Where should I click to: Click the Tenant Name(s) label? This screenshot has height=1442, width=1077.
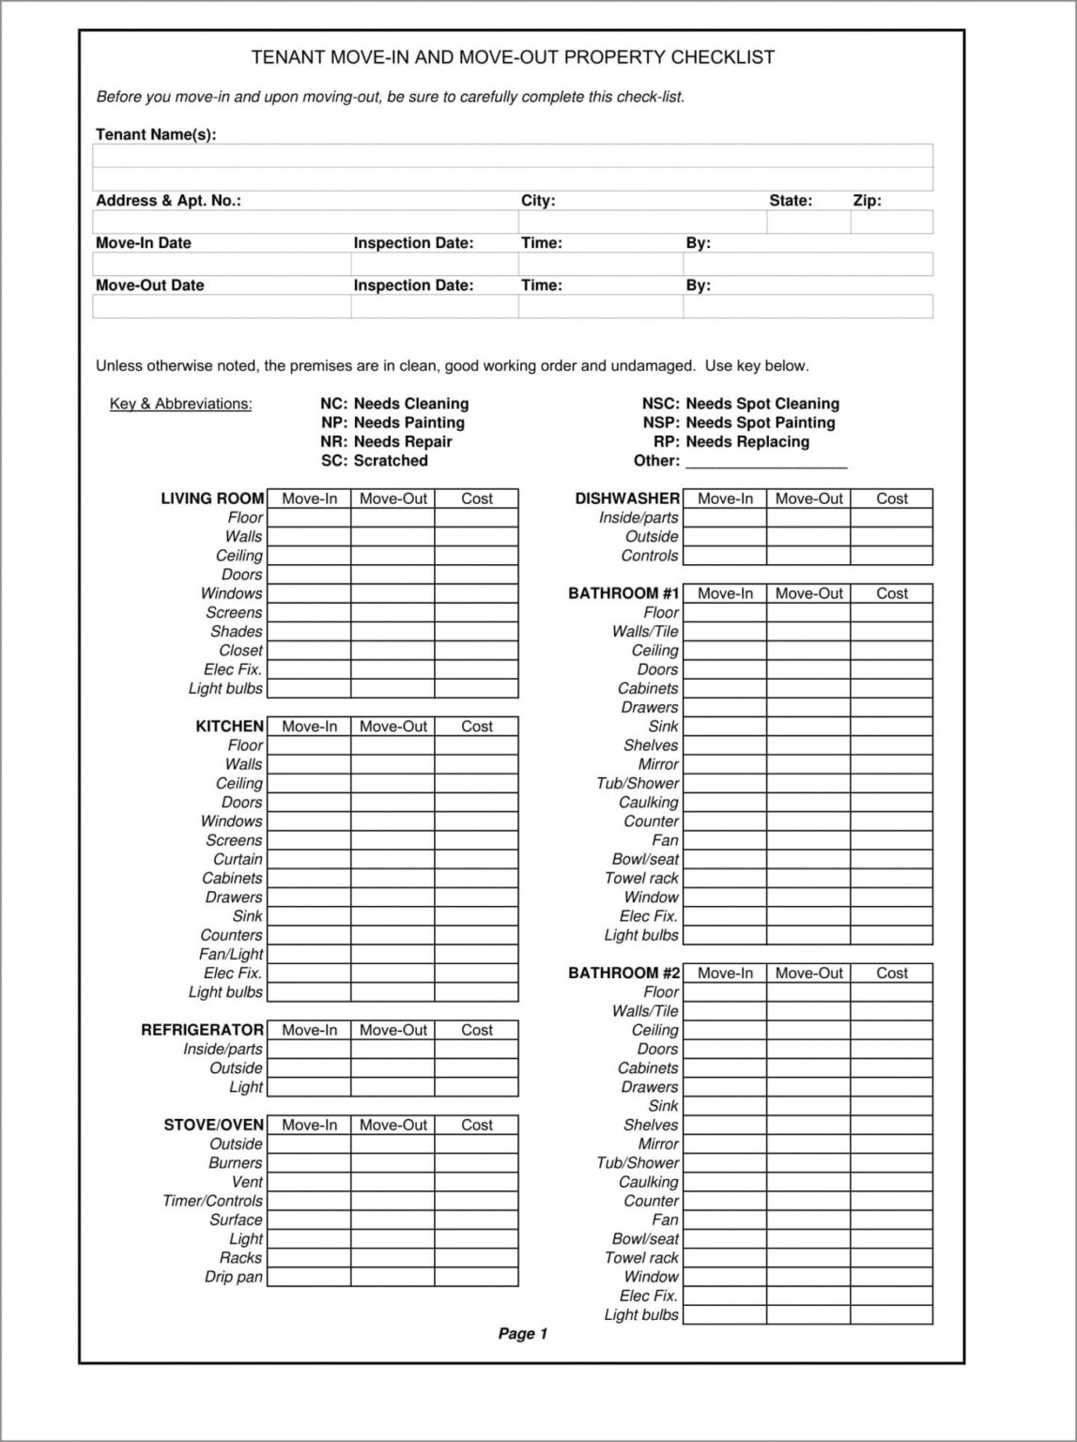(156, 134)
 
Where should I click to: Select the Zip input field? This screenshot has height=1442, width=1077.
(891, 222)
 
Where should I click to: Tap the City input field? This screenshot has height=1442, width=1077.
(641, 222)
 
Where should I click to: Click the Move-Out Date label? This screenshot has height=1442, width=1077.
(149, 285)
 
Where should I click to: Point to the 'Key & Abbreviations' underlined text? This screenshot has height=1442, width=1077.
(180, 404)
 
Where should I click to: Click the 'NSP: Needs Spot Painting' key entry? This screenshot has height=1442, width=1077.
(739, 422)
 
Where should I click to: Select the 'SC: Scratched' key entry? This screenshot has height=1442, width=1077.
(374, 461)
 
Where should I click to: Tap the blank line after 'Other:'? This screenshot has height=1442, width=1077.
(766, 461)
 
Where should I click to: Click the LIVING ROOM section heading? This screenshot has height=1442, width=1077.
(212, 499)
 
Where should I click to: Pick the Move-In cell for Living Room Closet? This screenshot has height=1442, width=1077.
(309, 651)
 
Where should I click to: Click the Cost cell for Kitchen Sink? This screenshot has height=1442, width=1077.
(476, 916)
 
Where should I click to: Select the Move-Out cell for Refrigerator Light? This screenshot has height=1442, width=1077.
(392, 1087)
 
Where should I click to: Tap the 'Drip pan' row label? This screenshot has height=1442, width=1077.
(234, 1277)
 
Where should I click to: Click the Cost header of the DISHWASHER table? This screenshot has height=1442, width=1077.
(891, 499)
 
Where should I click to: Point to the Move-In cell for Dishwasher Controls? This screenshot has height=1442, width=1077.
(724, 556)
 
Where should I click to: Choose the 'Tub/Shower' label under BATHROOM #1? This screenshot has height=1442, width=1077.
(638, 783)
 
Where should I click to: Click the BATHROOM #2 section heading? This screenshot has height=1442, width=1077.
(623, 973)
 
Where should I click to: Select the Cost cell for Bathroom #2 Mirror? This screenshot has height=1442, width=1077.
(891, 1144)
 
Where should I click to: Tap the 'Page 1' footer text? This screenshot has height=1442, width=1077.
(522, 1334)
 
